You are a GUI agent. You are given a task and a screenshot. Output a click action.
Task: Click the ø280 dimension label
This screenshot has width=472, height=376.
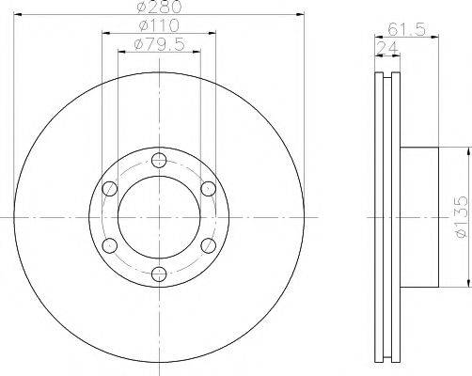coord(160,7)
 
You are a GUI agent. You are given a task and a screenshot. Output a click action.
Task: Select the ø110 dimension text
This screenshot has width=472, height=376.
coord(159,25)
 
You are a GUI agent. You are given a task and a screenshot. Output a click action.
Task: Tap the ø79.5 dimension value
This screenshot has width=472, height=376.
coord(159,44)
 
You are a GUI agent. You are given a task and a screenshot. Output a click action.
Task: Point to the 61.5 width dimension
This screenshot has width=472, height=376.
coord(406,30)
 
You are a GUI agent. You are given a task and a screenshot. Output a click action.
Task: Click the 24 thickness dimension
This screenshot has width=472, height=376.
coord(387,48)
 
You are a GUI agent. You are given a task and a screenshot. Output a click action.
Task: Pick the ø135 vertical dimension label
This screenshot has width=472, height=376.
coord(462,217)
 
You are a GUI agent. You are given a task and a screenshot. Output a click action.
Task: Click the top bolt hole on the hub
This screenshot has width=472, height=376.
coord(159,161)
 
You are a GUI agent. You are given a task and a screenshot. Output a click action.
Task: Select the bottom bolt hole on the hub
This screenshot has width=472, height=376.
coord(159,274)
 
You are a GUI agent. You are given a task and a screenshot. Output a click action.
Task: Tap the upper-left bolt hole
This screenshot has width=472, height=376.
coord(110,189)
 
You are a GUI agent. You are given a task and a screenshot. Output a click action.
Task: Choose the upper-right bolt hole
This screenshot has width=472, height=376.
coord(208,189)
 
